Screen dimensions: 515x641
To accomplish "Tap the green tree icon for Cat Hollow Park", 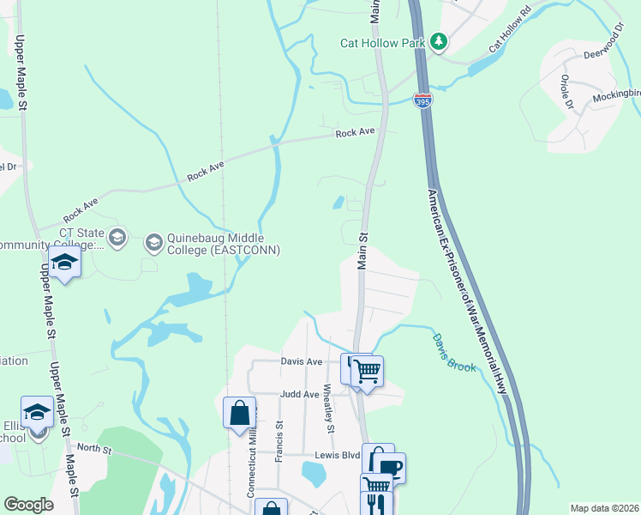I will pyautogui.click(x=439, y=41).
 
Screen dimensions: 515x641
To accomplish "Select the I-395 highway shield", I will pyautogui.click(x=422, y=100).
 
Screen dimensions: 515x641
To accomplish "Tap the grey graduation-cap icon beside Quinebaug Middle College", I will pyautogui.click(x=153, y=242).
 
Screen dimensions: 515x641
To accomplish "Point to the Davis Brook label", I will pyautogui.click(x=452, y=353).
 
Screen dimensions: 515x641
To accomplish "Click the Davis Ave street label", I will pyautogui.click(x=302, y=361).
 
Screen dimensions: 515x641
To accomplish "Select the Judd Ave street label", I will pyautogui.click(x=299, y=395).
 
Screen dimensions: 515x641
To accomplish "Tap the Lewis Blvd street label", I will pyautogui.click(x=337, y=455).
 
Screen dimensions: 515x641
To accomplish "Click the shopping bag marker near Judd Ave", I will pyautogui.click(x=239, y=413).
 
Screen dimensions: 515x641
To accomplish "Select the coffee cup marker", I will pyautogui.click(x=389, y=469).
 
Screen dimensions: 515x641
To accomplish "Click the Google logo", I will pyautogui.click(x=29, y=505).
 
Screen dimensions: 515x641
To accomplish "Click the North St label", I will pyautogui.click(x=88, y=447).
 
